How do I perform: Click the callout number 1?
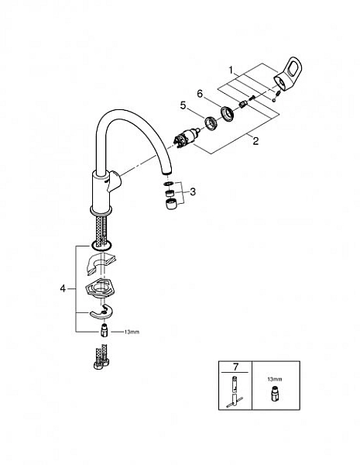pyautogui.click(x=231, y=71)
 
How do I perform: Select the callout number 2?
pyautogui.click(x=255, y=140)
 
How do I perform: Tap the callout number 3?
pyautogui.click(x=193, y=192)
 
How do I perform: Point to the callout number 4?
pyautogui.click(x=63, y=288)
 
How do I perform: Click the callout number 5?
pyautogui.click(x=183, y=105)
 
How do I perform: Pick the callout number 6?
pyautogui.click(x=200, y=94)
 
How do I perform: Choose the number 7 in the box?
pyautogui.click(x=235, y=367)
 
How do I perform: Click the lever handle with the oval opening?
pyautogui.click(x=287, y=72)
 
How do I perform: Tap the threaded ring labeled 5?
pyautogui.click(x=211, y=122)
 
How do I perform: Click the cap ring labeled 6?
pyautogui.click(x=228, y=114)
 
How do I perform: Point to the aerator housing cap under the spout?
pyautogui.click(x=170, y=205)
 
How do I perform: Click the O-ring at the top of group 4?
pyautogui.click(x=101, y=245)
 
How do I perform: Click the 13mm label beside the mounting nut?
pyautogui.click(x=132, y=332)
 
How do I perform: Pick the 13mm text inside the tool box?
pyautogui.click(x=275, y=379)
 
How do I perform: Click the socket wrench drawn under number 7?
pyautogui.click(x=235, y=392)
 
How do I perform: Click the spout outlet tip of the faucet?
pyautogui.click(x=167, y=173)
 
